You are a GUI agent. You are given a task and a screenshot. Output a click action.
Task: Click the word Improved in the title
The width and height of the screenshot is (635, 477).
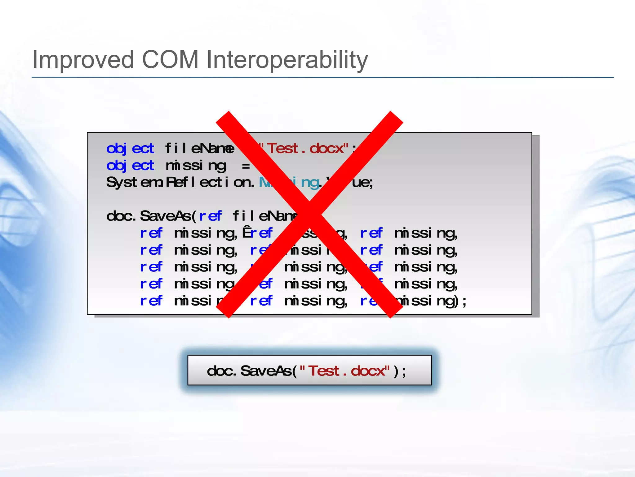pos(83,60)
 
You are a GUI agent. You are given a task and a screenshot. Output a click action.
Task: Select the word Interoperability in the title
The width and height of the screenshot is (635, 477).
pos(287,60)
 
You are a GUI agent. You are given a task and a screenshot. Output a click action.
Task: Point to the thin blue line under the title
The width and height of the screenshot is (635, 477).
pos(322,77)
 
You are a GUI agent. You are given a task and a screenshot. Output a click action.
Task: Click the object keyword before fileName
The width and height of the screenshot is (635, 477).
pos(130,148)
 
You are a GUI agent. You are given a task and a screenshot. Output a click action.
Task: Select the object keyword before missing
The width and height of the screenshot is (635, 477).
pos(130,166)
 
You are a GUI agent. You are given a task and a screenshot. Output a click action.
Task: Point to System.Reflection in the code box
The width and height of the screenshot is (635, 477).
pos(180,182)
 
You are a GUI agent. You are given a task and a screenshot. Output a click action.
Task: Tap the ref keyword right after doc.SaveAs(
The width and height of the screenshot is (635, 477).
pos(210,216)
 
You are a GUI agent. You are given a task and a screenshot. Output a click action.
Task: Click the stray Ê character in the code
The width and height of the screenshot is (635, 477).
pos(247,232)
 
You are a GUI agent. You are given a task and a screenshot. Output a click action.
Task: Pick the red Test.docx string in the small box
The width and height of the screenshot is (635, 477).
pos(349,371)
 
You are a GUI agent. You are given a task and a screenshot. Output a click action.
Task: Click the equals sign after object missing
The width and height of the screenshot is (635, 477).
pos(246,166)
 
